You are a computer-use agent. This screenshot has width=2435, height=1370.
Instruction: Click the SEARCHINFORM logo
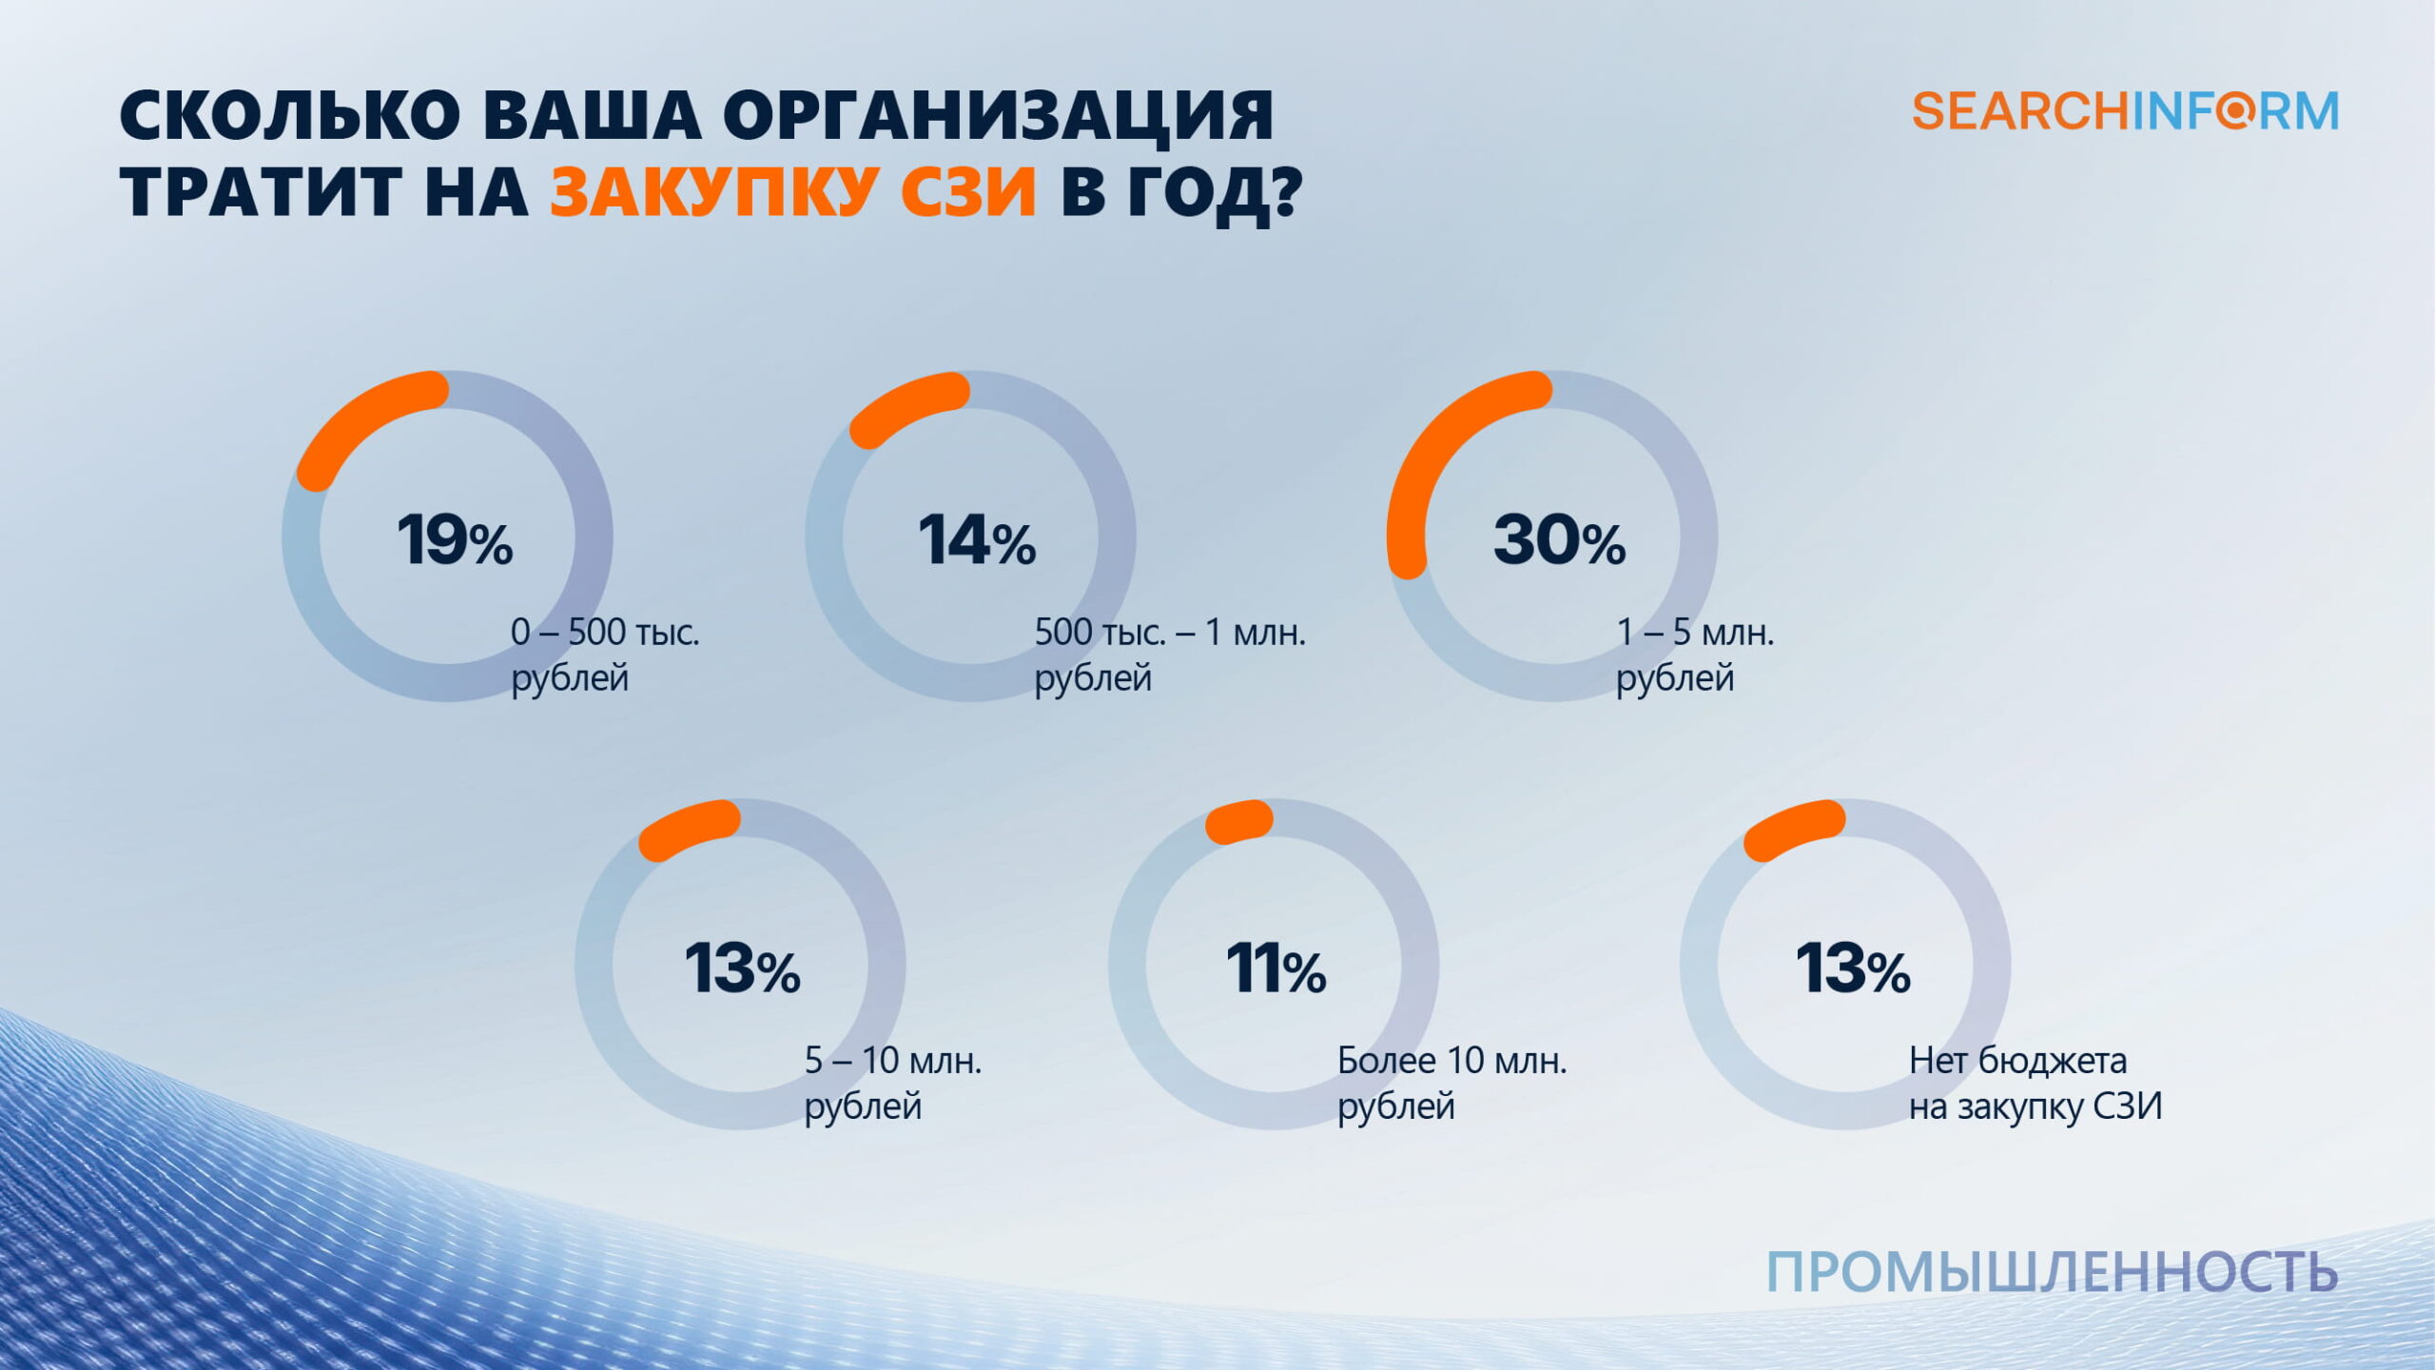(x=2125, y=111)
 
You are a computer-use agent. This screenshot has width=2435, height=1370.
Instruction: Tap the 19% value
(x=455, y=539)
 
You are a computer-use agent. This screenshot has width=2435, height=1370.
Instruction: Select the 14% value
(x=977, y=539)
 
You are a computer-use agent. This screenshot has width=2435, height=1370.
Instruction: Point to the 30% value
(x=1559, y=539)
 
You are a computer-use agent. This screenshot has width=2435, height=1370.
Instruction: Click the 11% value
(x=1276, y=969)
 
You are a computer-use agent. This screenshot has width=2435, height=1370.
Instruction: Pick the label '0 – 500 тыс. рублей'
(x=605, y=655)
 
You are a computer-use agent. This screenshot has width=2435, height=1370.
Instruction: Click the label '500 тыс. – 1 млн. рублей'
(x=1169, y=655)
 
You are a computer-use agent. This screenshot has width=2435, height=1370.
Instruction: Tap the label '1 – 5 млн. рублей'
(x=1695, y=655)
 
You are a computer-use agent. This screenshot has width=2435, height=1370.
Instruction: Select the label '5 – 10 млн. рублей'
(x=892, y=1083)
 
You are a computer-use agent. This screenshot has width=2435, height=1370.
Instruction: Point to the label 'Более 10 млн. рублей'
(x=1451, y=1083)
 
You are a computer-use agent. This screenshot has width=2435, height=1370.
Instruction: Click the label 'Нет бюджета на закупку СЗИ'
(x=2035, y=1083)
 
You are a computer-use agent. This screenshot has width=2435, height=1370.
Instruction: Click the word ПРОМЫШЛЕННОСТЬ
(x=2052, y=1272)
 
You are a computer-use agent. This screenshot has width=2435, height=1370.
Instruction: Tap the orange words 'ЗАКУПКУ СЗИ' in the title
(x=792, y=191)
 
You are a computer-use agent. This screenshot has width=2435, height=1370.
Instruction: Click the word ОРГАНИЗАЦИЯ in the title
(x=998, y=116)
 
